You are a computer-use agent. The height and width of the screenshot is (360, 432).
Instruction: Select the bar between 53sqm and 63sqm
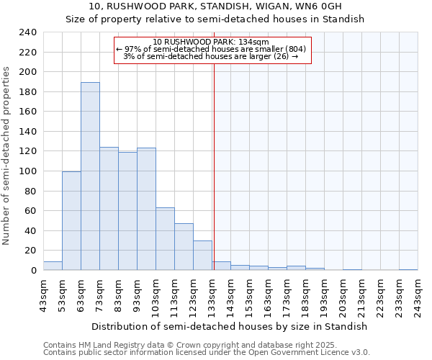(71, 221)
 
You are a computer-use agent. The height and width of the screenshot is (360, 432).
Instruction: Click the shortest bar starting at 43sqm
(53, 266)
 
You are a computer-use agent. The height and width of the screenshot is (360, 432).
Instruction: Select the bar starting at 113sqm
(184, 247)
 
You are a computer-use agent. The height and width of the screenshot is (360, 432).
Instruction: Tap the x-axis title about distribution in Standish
(230, 326)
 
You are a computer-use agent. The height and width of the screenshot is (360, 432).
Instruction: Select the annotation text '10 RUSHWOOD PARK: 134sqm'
(211, 42)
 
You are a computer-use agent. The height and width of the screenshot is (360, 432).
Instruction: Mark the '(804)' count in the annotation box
(296, 49)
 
